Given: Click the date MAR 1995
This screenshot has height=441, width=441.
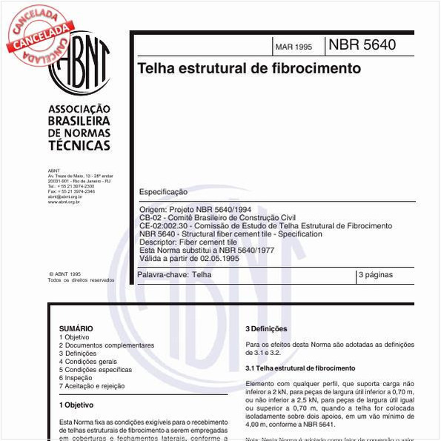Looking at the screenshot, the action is [x=294, y=47].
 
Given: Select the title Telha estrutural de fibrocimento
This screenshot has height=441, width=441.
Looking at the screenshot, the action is [x=249, y=69].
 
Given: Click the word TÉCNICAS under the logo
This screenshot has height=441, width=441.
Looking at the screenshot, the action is [x=79, y=146].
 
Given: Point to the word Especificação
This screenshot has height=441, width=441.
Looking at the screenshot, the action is [x=163, y=192].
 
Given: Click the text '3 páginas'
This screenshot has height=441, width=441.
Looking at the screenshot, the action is [x=376, y=275].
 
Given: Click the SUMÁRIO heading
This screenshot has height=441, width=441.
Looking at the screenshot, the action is [x=76, y=328].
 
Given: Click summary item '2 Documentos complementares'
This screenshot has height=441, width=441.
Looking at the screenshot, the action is [x=107, y=345].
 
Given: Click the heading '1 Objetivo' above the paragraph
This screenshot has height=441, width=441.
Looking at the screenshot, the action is [x=76, y=405].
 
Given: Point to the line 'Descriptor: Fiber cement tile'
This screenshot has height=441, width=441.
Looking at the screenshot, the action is [x=188, y=242].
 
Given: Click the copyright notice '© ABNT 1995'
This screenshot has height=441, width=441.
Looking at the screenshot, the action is [x=64, y=273].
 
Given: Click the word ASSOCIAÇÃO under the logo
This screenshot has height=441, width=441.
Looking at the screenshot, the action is [x=79, y=108].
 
